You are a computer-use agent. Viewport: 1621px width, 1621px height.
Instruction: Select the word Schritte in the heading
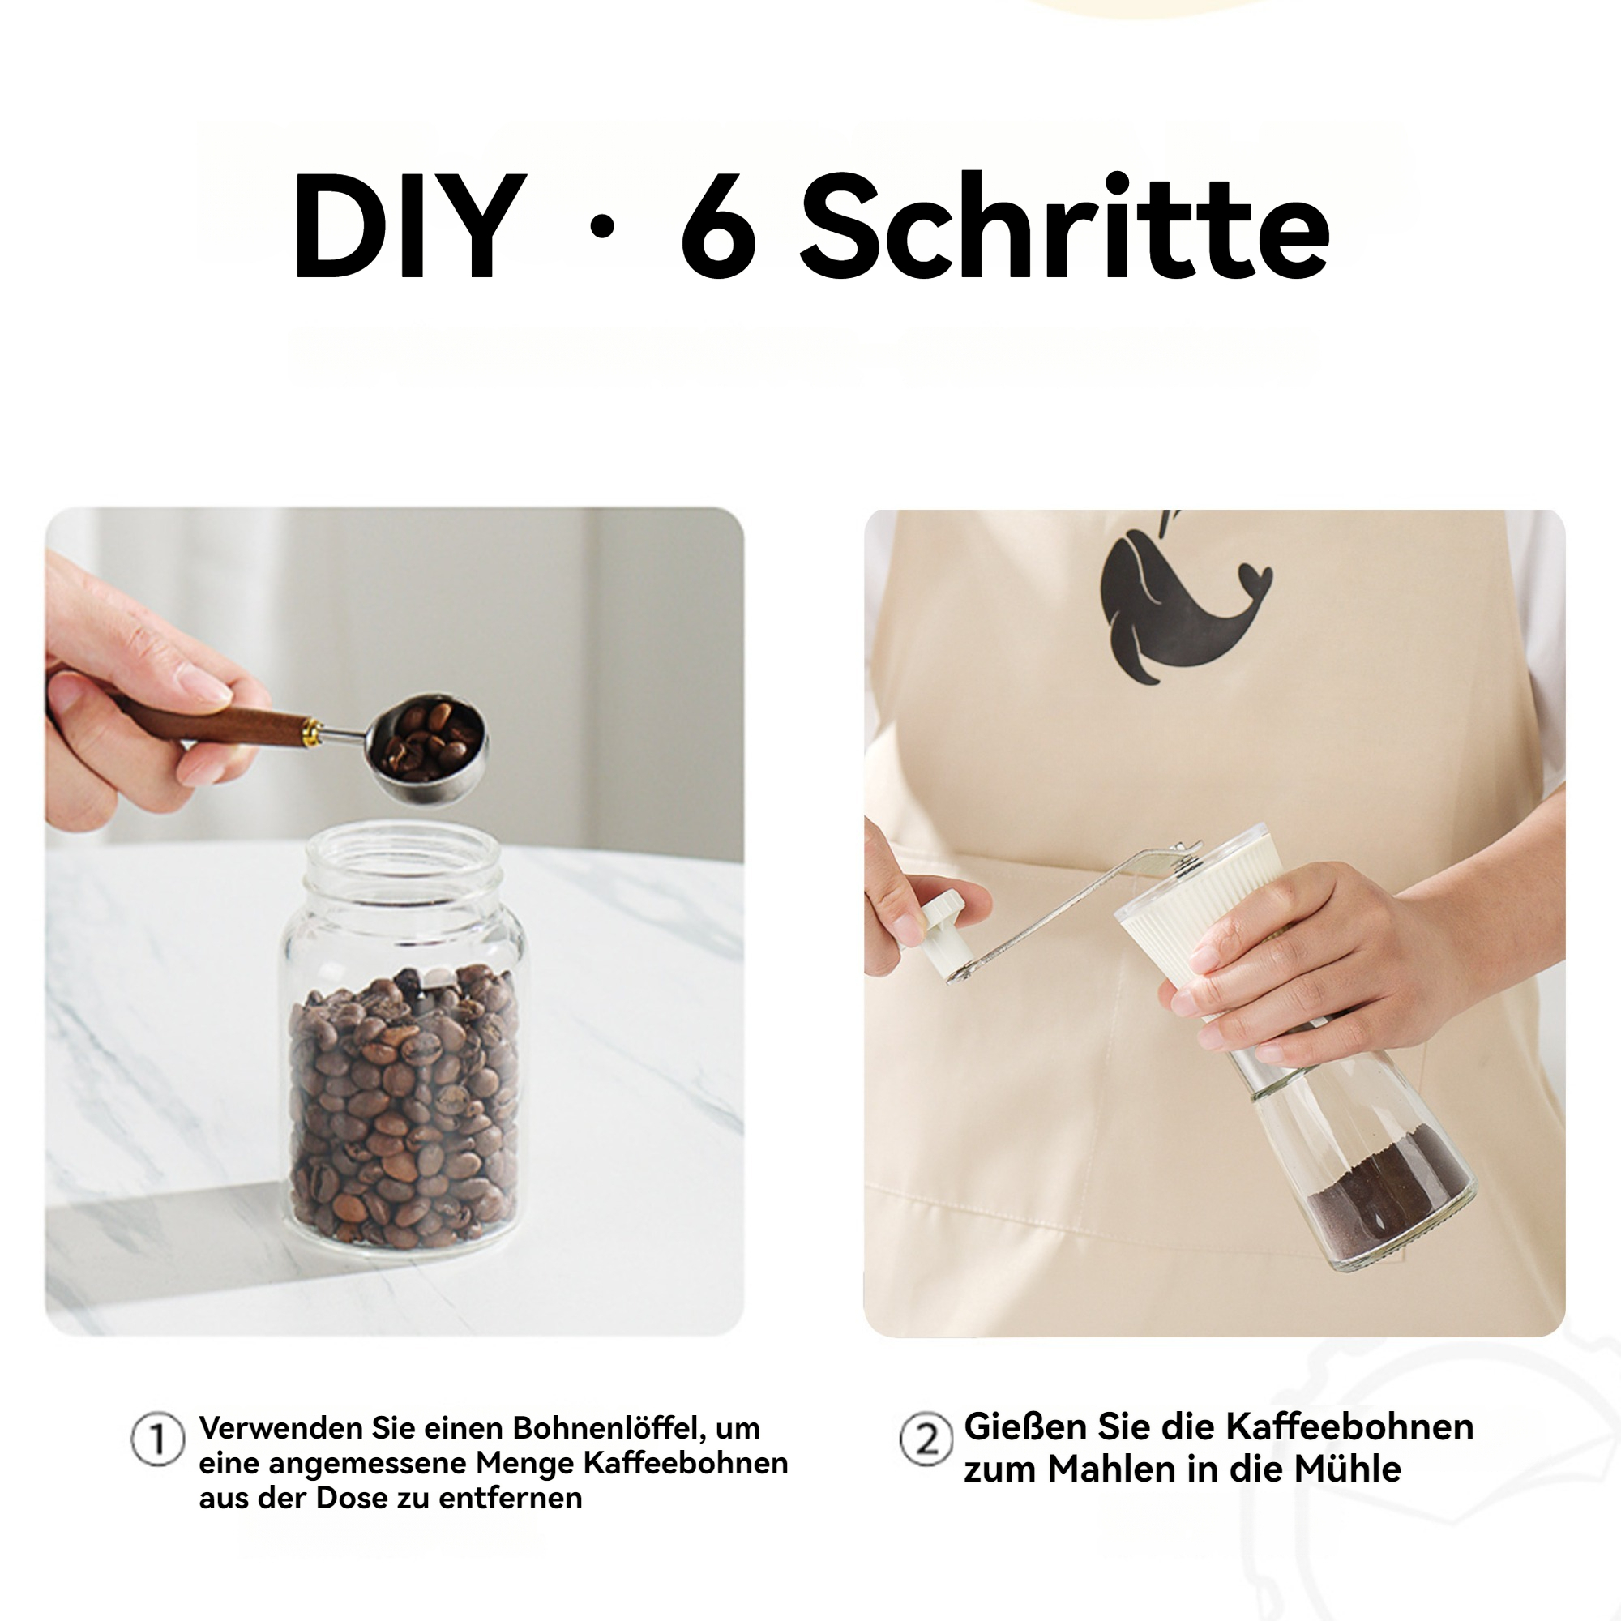tap(1065, 224)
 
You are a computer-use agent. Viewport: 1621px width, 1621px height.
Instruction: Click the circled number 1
tap(157, 1439)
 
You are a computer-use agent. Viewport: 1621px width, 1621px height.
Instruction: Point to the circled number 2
tap(926, 1439)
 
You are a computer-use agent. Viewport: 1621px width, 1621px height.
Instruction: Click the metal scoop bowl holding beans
tap(427, 745)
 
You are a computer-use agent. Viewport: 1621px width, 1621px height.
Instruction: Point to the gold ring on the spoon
tap(312, 733)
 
